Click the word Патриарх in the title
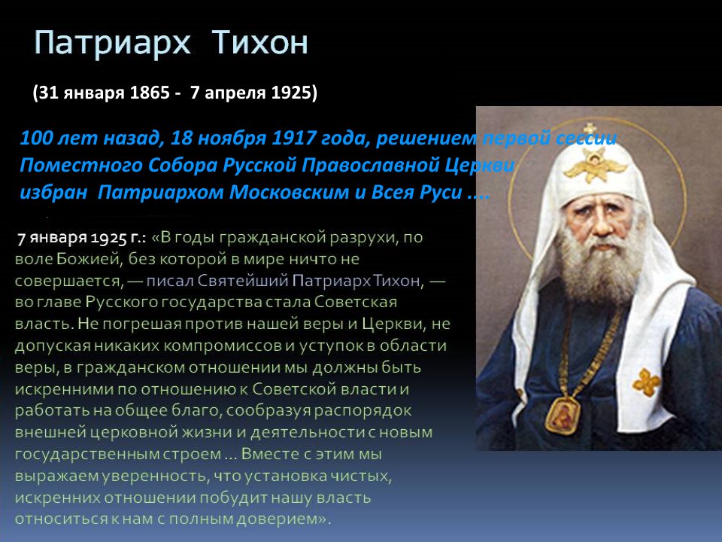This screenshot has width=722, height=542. (x=112, y=43)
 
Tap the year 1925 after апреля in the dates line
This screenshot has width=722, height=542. (x=291, y=93)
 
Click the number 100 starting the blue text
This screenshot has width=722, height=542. (x=36, y=138)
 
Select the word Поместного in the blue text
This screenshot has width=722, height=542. (x=80, y=165)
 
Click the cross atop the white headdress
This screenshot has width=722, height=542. (x=590, y=129)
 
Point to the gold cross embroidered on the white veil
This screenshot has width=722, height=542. (x=647, y=382)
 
